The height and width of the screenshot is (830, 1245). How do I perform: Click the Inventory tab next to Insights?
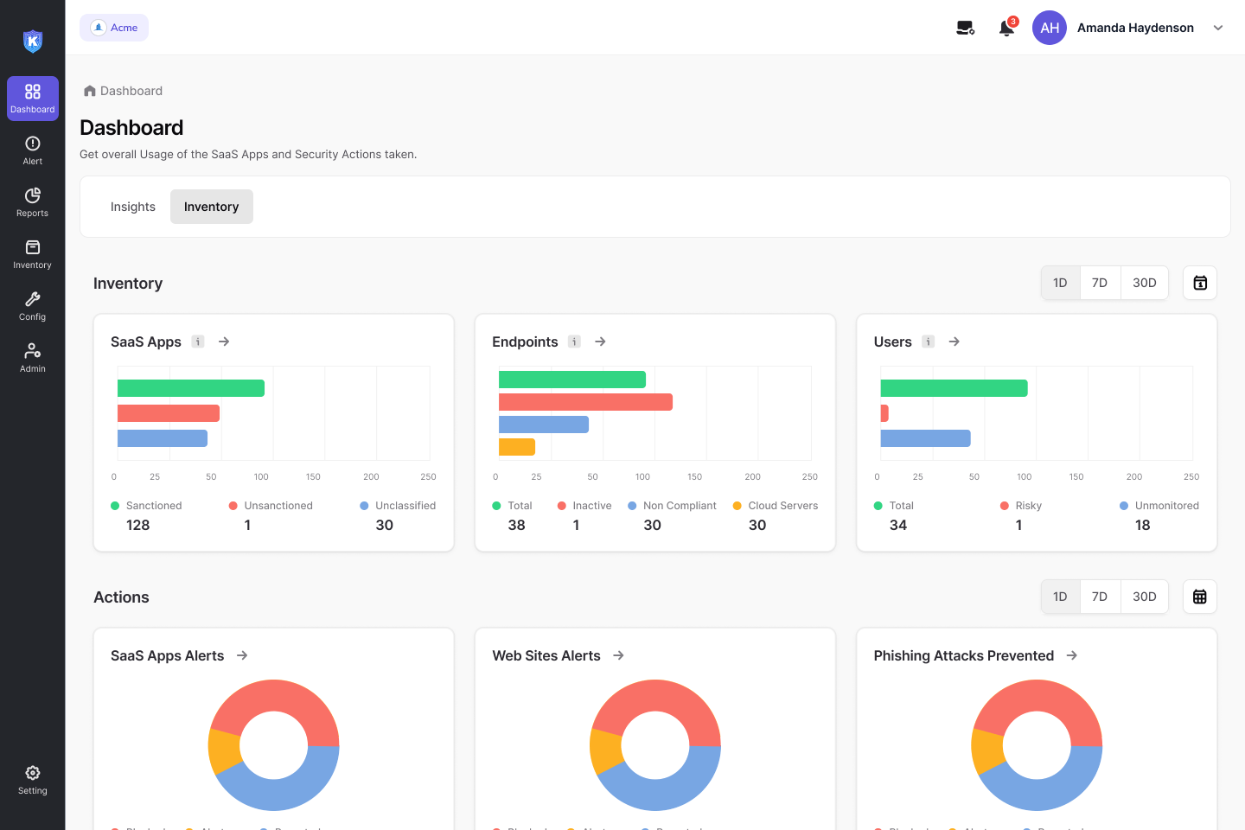(211, 207)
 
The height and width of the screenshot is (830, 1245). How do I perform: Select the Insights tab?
(133, 207)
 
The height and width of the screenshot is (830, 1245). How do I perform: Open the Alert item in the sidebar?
(33, 150)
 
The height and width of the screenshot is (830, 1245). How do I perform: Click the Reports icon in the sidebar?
(33, 196)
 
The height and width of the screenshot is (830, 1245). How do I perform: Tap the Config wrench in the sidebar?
(33, 300)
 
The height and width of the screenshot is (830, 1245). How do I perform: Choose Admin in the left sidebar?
(33, 357)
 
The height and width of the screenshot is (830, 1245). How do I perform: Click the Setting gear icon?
(33, 773)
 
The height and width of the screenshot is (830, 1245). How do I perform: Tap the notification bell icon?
(1006, 29)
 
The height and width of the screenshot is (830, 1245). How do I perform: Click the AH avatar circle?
(1050, 28)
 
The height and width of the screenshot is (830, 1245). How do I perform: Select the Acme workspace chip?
(114, 28)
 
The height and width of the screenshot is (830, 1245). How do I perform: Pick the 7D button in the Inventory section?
(1100, 283)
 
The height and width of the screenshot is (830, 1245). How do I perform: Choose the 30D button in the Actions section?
(1144, 597)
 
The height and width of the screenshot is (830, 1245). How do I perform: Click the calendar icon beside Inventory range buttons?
(1200, 283)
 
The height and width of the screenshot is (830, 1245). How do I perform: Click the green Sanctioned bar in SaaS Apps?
(191, 388)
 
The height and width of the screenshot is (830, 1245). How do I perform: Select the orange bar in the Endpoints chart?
(517, 447)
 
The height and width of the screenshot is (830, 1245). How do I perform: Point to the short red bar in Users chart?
(884, 413)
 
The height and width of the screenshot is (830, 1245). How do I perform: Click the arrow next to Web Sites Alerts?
(618, 655)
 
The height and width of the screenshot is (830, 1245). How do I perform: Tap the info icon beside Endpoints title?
(574, 342)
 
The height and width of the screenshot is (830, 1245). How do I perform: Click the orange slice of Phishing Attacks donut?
(986, 750)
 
